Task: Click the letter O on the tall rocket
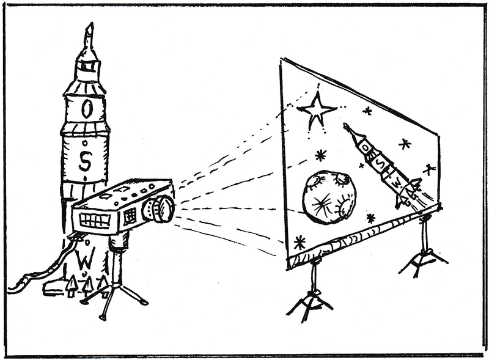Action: [x=87, y=109]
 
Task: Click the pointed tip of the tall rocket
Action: [x=90, y=28]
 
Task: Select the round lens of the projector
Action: [x=160, y=208]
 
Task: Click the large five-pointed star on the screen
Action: [x=317, y=110]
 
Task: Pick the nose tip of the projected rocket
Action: [x=346, y=125]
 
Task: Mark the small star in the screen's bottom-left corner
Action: [x=299, y=242]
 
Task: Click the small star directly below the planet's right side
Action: [x=370, y=218]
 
